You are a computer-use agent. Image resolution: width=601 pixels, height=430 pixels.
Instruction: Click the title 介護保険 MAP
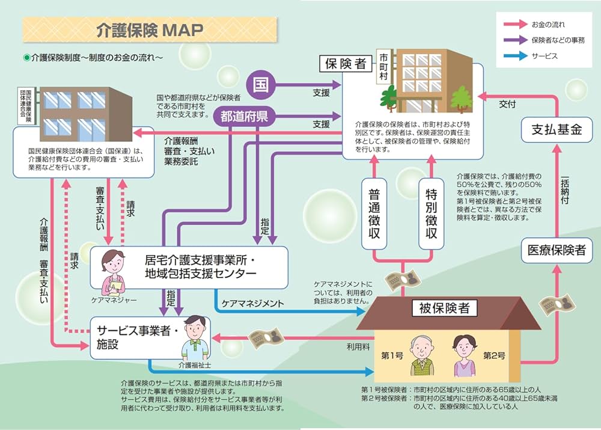click(150, 30)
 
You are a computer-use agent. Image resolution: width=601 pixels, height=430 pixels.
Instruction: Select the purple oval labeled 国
click(260, 83)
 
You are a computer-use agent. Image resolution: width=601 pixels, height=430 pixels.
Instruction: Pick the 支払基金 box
click(556, 129)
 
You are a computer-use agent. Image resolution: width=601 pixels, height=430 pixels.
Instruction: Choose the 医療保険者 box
click(557, 250)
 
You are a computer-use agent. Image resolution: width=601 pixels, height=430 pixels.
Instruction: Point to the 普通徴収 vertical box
click(374, 213)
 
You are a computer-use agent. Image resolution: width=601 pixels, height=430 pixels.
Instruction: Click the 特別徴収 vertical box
click(431, 213)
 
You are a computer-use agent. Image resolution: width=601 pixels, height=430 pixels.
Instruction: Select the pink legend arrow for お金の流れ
click(513, 25)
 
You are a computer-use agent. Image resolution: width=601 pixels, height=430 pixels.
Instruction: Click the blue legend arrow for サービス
click(513, 56)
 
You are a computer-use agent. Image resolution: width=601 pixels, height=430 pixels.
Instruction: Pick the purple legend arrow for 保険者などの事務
click(513, 41)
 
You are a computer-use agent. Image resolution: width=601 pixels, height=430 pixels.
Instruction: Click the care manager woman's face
click(112, 262)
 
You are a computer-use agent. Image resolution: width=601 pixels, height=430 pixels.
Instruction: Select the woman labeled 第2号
click(463, 355)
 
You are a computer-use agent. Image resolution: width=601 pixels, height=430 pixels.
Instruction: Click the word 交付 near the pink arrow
click(507, 104)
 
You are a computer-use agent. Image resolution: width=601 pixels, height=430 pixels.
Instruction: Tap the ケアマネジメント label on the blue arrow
click(252, 304)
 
